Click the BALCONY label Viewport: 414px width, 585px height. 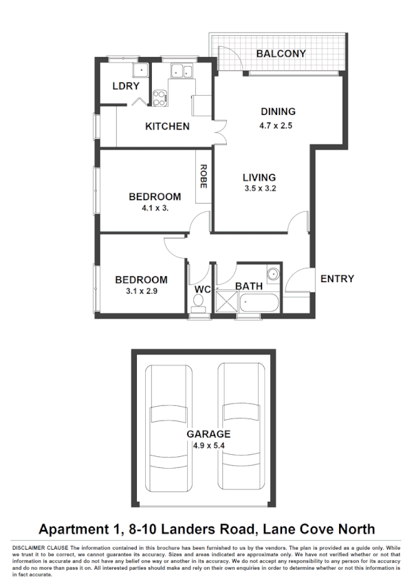(281, 53)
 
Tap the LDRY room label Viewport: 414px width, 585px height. (126, 86)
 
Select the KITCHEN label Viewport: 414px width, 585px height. (167, 127)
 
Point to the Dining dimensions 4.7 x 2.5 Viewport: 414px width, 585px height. (278, 125)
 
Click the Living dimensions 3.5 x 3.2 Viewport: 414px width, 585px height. (259, 189)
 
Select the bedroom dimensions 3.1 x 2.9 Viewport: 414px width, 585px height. (141, 292)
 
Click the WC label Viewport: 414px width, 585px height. (201, 290)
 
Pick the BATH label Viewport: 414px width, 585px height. (248, 286)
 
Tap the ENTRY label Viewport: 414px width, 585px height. (337, 279)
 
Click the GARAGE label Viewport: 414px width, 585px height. (208, 434)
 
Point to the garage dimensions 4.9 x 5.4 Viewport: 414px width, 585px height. (208, 446)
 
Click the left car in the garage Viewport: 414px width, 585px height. (170, 427)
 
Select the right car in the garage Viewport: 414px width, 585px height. (242, 427)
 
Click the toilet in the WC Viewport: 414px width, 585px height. (199, 307)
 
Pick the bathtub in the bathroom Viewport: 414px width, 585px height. (259, 302)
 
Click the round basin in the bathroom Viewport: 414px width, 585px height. (273, 274)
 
